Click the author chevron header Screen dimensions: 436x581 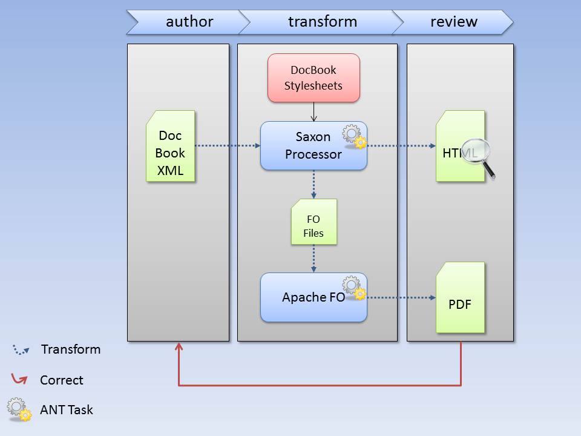(189, 22)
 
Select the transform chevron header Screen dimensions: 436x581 (322, 22)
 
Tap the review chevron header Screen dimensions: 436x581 (453, 22)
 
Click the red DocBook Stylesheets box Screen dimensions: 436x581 (313, 78)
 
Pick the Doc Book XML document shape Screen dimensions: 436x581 (170, 146)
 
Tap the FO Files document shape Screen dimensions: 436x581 (313, 222)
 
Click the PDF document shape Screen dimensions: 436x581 (460, 298)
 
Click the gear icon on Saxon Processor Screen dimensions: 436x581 (354, 137)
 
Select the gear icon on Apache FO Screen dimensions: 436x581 (354, 288)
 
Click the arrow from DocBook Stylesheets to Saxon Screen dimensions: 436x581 (313, 112)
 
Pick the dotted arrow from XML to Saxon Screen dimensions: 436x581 (228, 146)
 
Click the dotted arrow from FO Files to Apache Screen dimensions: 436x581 (313, 259)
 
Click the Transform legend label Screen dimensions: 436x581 (71, 349)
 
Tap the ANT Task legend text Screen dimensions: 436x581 (67, 409)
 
